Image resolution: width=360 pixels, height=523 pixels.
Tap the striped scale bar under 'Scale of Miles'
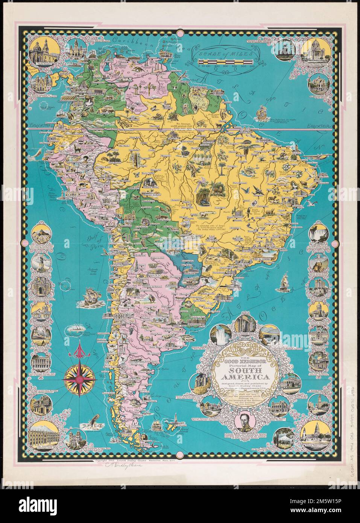click(x=225, y=59)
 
